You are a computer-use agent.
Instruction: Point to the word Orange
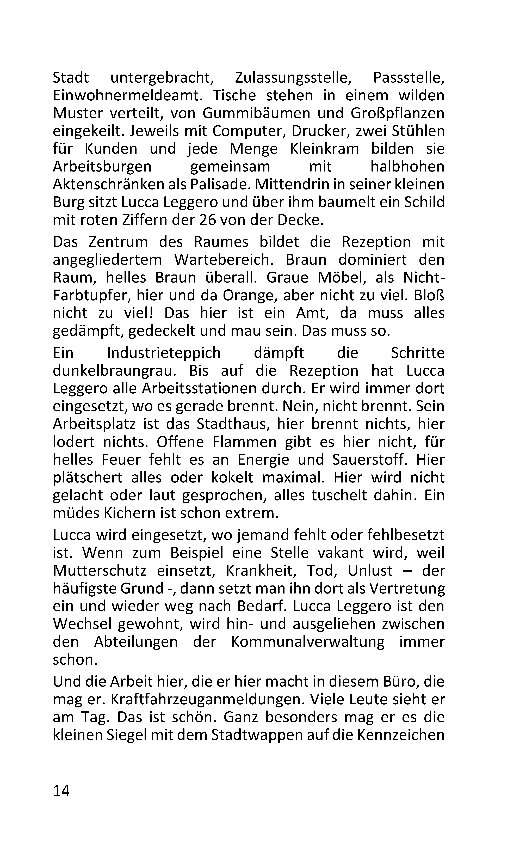pyautogui.click(x=248, y=295)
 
